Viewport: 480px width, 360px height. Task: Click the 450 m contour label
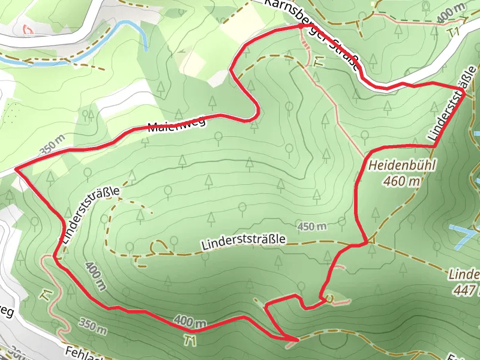coord(312,227)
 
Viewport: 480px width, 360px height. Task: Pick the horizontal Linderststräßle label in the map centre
coord(244,241)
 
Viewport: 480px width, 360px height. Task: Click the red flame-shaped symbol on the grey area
coord(27,28)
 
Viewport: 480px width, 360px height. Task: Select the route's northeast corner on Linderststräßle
coord(464,90)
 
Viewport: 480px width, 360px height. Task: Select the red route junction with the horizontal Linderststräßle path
coord(365,242)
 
